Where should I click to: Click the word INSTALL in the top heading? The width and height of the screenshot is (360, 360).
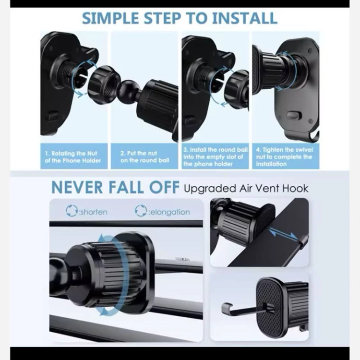point(245,18)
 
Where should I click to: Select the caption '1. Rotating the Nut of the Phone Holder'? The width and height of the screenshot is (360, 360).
point(73,157)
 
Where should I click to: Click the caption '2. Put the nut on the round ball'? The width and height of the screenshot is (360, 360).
point(144,156)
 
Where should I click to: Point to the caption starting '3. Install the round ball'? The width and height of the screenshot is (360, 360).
point(216,157)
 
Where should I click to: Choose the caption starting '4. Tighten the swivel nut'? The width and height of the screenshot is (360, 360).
point(284,157)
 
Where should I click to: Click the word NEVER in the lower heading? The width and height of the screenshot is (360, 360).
point(77,187)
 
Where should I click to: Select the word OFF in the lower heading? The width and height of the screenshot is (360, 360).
point(164,187)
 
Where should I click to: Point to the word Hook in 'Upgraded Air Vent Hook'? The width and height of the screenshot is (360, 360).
point(295,188)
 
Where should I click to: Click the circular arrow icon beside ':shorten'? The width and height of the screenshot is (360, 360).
point(72,211)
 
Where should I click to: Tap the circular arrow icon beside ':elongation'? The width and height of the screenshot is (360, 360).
point(141,211)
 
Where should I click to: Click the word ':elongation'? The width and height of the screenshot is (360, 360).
point(169,212)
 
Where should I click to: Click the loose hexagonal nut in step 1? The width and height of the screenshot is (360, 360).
point(104,84)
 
